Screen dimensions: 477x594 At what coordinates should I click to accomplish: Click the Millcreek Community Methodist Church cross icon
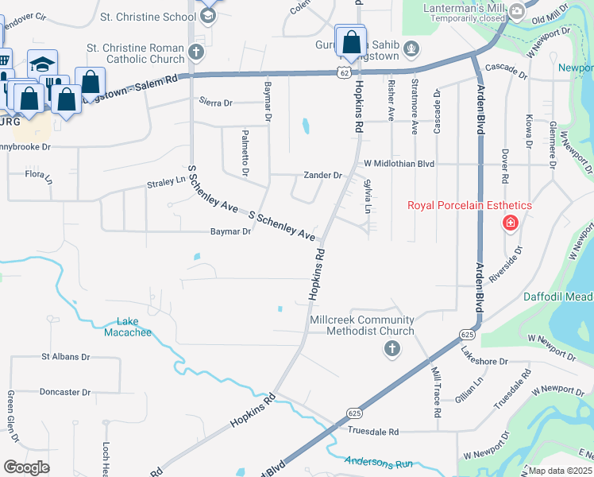click(391, 348)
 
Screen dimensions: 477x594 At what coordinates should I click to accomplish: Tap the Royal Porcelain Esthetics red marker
click(510, 223)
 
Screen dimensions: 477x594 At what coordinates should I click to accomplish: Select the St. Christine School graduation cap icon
click(208, 16)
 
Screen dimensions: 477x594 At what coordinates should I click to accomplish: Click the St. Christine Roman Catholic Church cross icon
click(196, 52)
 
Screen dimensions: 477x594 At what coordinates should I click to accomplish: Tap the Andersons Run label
click(379, 461)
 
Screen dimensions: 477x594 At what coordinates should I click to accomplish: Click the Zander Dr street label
click(322, 176)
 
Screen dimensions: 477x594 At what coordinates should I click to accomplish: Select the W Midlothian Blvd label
click(399, 164)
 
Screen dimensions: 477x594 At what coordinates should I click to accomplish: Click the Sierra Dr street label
click(216, 103)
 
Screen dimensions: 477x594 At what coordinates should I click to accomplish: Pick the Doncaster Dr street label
click(66, 393)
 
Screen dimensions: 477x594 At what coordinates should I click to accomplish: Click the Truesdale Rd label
click(372, 432)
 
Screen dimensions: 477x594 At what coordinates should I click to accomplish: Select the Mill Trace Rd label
click(437, 393)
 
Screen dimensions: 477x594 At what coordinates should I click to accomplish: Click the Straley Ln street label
click(165, 184)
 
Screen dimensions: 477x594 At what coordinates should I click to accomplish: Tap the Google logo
click(27, 467)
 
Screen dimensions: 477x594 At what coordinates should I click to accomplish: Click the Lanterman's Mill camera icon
click(517, 11)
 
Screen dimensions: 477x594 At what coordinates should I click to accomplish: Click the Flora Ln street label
click(37, 173)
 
